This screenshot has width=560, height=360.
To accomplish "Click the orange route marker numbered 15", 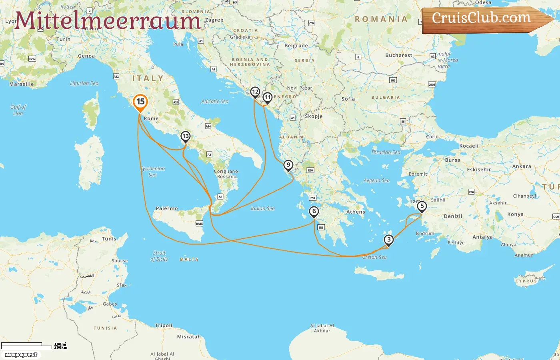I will pos(140,102).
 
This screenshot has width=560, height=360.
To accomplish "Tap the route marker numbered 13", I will pos(185,137).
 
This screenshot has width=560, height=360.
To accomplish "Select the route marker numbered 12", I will pos(255,92).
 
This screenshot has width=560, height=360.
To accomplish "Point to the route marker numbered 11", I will pos(267,98).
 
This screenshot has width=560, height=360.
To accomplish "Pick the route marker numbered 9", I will pos(288,165).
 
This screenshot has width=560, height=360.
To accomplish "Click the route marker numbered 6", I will pos(314,212).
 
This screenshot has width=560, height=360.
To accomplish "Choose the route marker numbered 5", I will pos(422,206).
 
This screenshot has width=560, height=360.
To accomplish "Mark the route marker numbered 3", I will pos(388,240).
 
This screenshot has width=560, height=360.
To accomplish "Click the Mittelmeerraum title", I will pos(108,20).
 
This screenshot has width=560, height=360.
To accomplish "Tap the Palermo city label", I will pos(167,208).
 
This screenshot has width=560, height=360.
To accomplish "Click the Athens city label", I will pos(356,212).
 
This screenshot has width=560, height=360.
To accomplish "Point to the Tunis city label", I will pos(109,239).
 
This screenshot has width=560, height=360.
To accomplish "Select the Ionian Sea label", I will pos(263,208).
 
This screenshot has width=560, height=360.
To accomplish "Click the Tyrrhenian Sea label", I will pos(153,172).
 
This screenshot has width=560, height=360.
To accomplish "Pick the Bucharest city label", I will pos(398,55).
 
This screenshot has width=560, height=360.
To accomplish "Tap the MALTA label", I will pos(189,259).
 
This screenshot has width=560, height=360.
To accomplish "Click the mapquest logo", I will pos(21,354).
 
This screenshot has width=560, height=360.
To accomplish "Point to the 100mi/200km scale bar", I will pos(28,346).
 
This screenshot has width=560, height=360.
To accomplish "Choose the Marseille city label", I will pos(22,84).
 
